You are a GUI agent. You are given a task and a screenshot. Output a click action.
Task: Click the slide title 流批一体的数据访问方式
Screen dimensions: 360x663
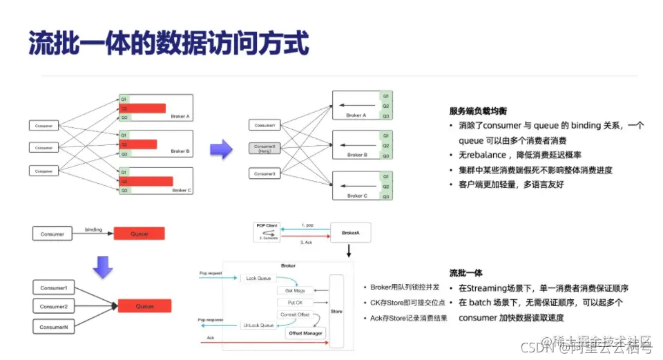(x=168, y=42)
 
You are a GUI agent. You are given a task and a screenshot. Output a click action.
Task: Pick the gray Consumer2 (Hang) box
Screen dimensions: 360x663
(x=265, y=149)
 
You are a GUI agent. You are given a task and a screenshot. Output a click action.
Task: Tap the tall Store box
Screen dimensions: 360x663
(x=336, y=312)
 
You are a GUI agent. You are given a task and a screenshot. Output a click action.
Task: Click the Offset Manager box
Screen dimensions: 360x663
(x=305, y=333)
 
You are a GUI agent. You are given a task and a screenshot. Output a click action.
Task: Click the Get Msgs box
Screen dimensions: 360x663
(x=295, y=290)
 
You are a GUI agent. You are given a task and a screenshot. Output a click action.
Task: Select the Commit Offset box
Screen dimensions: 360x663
(x=294, y=314)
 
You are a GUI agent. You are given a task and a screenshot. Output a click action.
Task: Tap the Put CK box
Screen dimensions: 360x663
(x=294, y=303)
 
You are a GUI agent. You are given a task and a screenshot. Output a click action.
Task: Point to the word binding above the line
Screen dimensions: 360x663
(x=93, y=229)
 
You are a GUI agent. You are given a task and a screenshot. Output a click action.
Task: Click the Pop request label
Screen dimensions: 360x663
(x=211, y=274)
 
